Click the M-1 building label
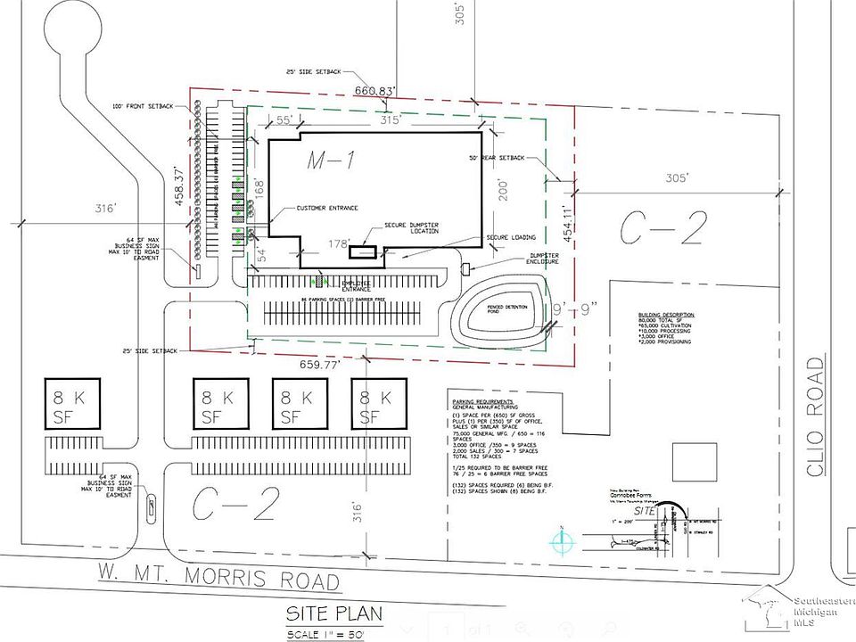click(332, 161)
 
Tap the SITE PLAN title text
click(334, 613)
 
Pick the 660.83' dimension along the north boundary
click(374, 90)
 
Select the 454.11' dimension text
click(565, 225)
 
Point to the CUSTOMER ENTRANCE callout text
click(327, 209)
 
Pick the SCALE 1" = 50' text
click(325, 634)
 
